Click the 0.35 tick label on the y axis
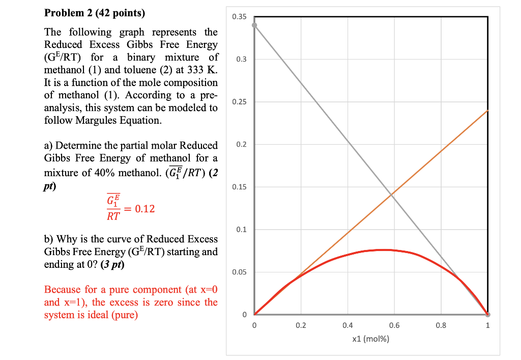click(239, 17)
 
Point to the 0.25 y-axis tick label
click(239, 102)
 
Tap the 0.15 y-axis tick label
click(239, 187)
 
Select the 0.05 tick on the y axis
click(239, 272)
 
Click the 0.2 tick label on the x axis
click(301, 326)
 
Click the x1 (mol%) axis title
click(370, 339)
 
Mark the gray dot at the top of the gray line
click(254, 25)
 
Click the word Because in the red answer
click(62, 290)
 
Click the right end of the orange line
click(487, 110)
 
